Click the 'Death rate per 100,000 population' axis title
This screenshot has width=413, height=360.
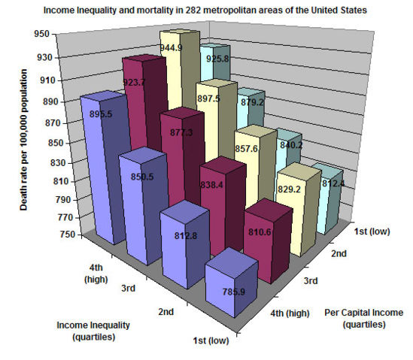(x=25, y=139)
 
